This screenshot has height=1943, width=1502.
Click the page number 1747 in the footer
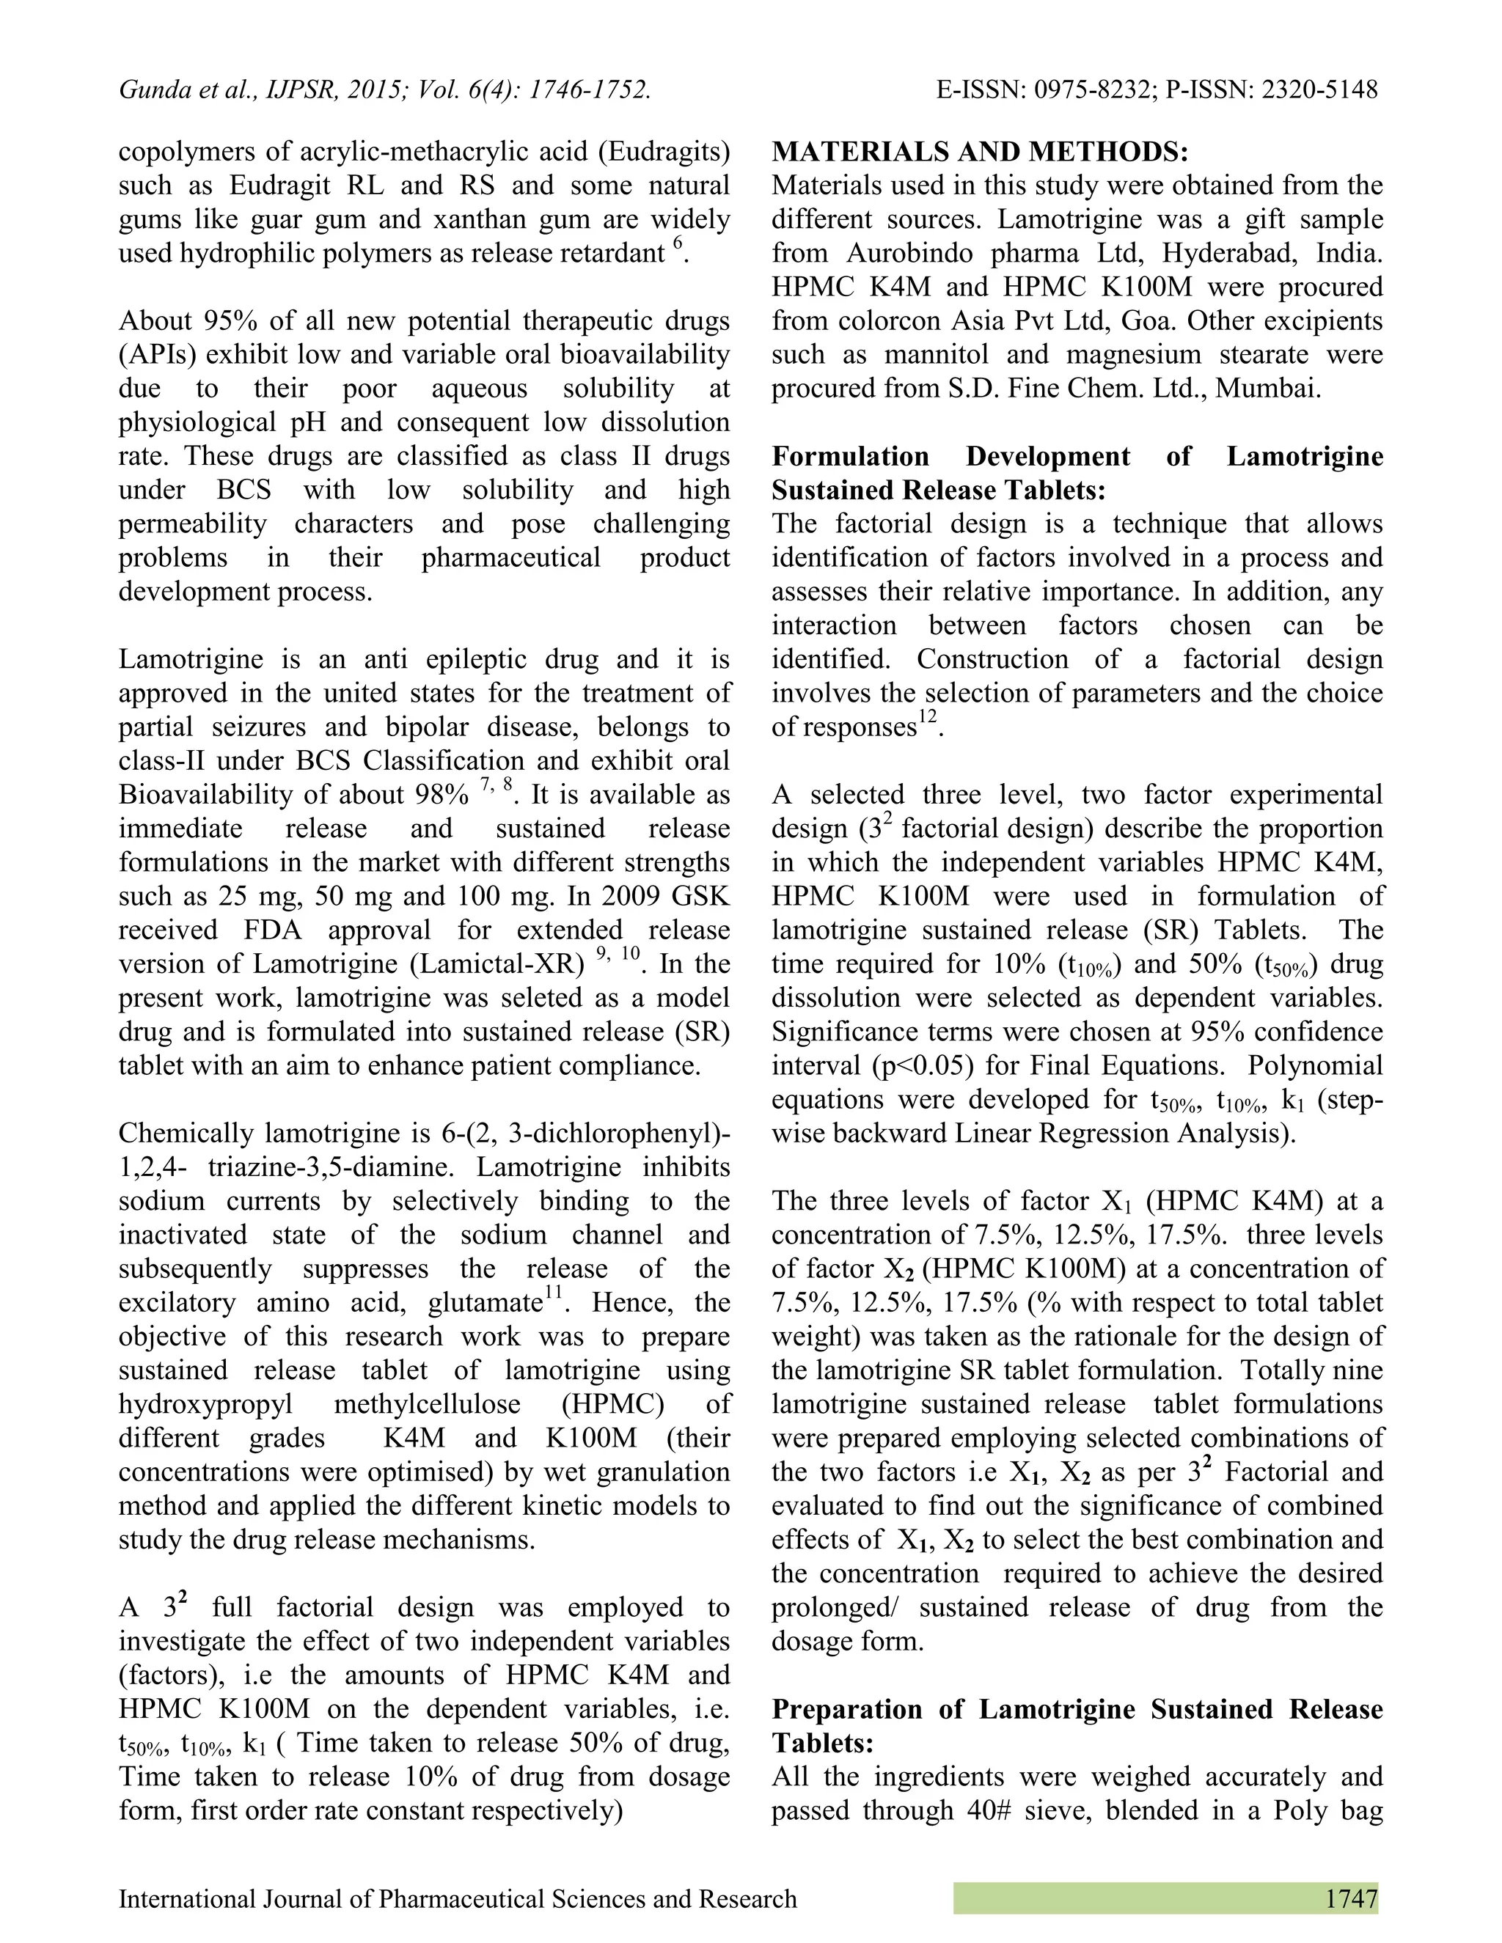1350,1898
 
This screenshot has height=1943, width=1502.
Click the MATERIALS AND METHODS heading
979,152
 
